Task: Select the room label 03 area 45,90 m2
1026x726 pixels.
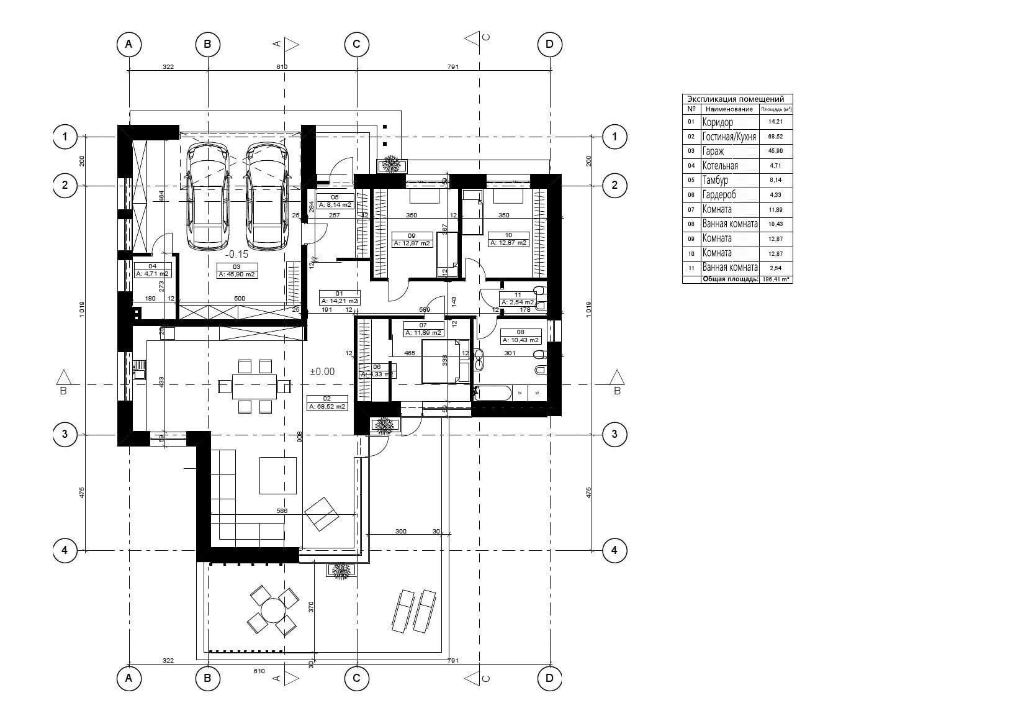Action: coord(236,270)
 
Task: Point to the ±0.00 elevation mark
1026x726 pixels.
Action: coord(322,371)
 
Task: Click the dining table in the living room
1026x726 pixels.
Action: coord(254,386)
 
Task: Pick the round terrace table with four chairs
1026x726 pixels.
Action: coord(272,612)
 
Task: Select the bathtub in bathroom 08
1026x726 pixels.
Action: coord(493,393)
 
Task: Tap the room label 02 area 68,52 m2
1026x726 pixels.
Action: coord(327,403)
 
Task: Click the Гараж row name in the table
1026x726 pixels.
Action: coord(713,151)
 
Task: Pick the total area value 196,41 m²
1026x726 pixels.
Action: coord(775,279)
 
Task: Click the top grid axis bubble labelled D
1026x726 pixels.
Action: coord(549,44)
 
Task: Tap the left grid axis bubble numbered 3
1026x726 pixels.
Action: coord(65,434)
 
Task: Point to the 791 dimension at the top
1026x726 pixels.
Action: coord(452,66)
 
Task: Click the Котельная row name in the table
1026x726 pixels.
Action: coord(720,166)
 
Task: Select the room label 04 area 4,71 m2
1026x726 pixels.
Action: coord(152,270)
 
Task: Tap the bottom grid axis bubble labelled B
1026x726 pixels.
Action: coord(207,679)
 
